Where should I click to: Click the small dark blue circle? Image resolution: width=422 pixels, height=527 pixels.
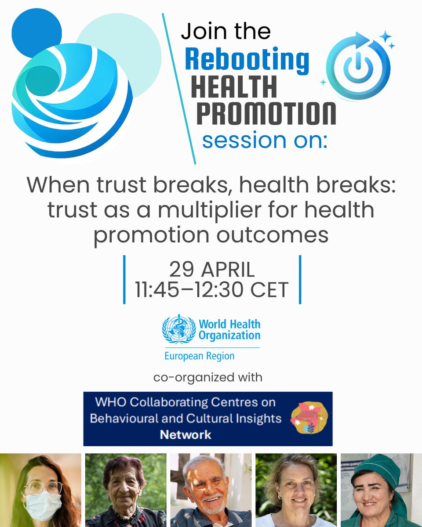[x=36, y=33]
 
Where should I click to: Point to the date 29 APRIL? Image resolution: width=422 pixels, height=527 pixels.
[x=212, y=270]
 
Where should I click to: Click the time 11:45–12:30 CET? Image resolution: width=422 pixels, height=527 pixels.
[x=212, y=290]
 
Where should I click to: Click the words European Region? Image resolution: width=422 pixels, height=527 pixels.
[x=199, y=355]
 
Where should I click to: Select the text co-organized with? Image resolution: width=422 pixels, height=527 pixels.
[x=208, y=377]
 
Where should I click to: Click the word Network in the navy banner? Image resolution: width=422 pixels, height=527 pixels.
[x=185, y=435]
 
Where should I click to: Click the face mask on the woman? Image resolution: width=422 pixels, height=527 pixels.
[x=42, y=505]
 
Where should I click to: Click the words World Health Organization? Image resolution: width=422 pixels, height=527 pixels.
[x=229, y=330]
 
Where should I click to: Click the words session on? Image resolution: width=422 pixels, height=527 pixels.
[x=265, y=141]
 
